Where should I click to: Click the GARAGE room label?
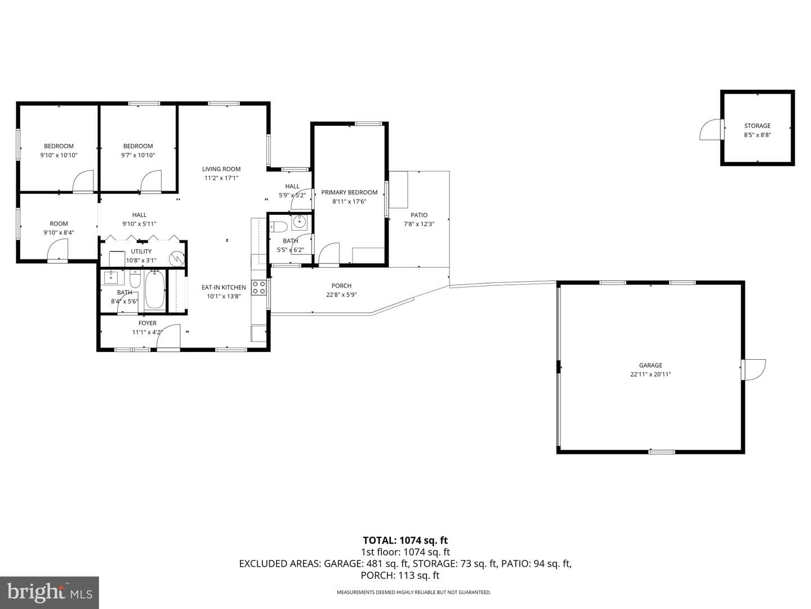[650, 365]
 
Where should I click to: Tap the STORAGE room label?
[757, 126]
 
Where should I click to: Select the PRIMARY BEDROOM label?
[349, 192]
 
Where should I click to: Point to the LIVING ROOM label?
[221, 169]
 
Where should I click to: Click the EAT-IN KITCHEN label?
[224, 288]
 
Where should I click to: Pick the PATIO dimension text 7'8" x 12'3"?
[418, 224]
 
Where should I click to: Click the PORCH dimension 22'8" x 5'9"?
[341, 295]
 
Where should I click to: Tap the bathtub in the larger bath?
[155, 290]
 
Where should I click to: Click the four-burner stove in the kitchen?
[259, 288]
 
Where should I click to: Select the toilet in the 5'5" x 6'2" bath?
[279, 226]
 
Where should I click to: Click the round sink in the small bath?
[299, 222]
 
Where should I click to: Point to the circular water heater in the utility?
[177, 258]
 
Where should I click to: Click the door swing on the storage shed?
[710, 130]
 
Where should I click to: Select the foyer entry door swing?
[168, 336]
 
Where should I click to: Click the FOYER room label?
[148, 323]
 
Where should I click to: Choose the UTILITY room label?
[141, 251]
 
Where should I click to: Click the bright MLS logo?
[49, 593]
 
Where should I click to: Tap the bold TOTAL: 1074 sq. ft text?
[405, 541]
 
